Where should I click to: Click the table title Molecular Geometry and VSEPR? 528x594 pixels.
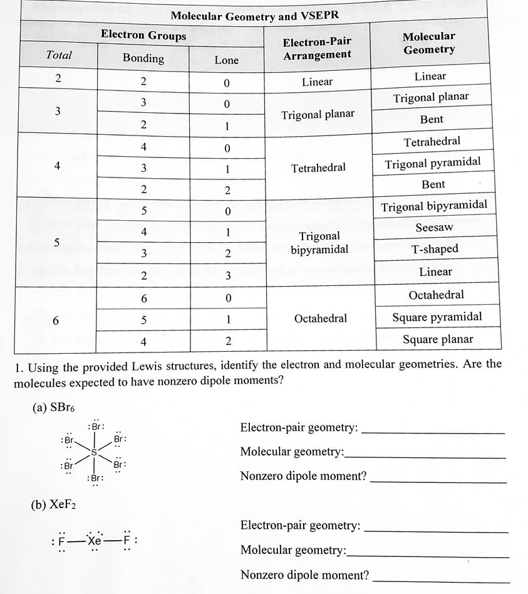coord(254,14)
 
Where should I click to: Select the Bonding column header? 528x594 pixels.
coord(143,58)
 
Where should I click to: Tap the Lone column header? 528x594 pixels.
coord(226,60)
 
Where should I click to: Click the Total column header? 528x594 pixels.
coord(59,55)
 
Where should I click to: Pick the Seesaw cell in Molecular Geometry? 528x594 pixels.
coord(433,227)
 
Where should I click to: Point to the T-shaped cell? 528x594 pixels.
coord(435,249)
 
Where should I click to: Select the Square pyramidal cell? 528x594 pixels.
coord(437,317)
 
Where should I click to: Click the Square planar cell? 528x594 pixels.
coord(438,339)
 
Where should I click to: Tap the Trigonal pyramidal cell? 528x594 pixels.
coord(433,163)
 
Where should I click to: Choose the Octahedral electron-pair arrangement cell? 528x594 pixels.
coord(320,319)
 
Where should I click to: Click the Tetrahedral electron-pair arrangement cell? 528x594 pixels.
coord(318,168)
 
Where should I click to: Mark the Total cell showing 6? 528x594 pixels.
coord(56,321)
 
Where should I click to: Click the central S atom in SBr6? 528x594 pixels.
coord(94,451)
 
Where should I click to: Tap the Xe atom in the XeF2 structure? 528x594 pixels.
coord(94,540)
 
